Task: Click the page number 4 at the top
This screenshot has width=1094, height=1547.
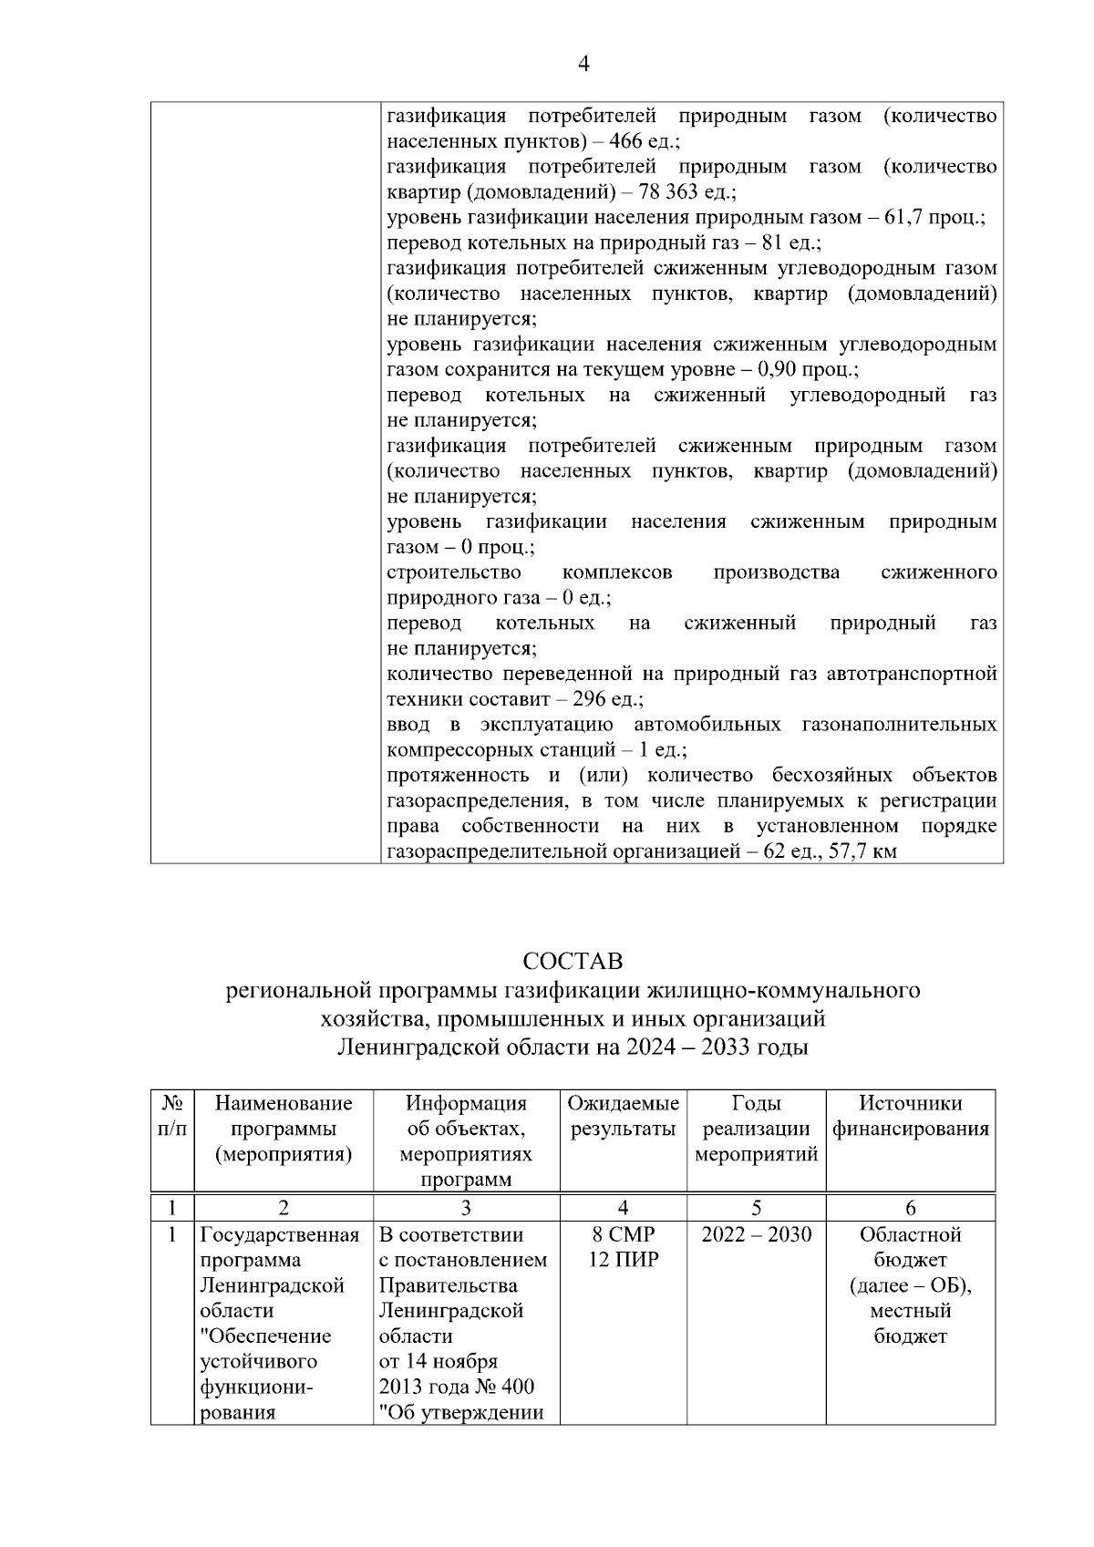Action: (583, 63)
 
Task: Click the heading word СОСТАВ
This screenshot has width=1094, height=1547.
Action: (573, 962)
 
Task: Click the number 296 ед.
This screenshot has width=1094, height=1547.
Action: (606, 699)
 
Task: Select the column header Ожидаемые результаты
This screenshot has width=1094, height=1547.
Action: (624, 1117)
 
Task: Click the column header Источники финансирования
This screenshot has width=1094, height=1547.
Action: (910, 1117)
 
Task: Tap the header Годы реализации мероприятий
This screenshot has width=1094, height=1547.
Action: (756, 1129)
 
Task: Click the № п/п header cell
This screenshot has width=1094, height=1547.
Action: (172, 1117)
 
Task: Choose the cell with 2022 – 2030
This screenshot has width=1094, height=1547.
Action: (756, 1235)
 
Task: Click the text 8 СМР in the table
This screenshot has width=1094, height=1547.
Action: (624, 1235)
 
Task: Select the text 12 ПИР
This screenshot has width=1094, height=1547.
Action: (624, 1261)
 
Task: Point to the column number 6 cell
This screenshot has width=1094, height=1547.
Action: (910, 1209)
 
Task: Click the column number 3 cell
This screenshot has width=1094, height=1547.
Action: (466, 1209)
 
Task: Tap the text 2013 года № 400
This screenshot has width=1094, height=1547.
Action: (457, 1387)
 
